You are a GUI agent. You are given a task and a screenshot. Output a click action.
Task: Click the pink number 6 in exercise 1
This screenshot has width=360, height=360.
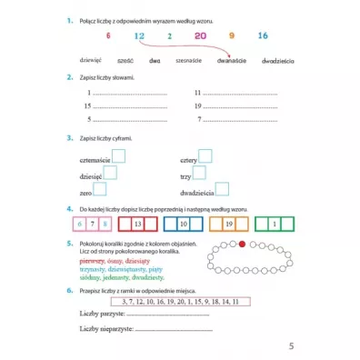click(107, 35)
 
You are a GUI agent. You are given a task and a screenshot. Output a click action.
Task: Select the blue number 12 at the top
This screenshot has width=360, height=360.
click(138, 35)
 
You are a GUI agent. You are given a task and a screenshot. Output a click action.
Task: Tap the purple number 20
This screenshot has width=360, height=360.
click(200, 35)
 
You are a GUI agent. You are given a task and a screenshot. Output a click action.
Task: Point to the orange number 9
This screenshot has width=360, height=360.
click(232, 35)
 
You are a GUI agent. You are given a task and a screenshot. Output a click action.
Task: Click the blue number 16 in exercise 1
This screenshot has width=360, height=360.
click(263, 35)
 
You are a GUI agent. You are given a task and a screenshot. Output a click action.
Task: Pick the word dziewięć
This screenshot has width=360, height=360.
click(92, 59)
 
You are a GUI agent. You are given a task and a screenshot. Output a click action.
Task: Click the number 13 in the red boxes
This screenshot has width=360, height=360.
click(138, 223)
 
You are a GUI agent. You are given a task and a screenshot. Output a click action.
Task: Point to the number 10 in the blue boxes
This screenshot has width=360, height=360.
click(183, 223)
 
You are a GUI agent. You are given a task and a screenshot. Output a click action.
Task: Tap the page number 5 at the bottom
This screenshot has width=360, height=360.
click(291, 345)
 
